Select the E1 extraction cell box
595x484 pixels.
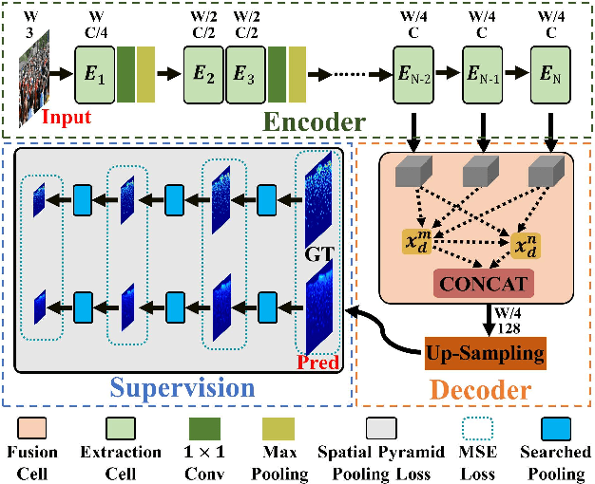click(94, 73)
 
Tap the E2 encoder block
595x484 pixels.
click(202, 73)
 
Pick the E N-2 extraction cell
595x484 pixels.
click(415, 73)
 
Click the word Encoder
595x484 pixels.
click(316, 121)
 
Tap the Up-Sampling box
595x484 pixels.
click(486, 353)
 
